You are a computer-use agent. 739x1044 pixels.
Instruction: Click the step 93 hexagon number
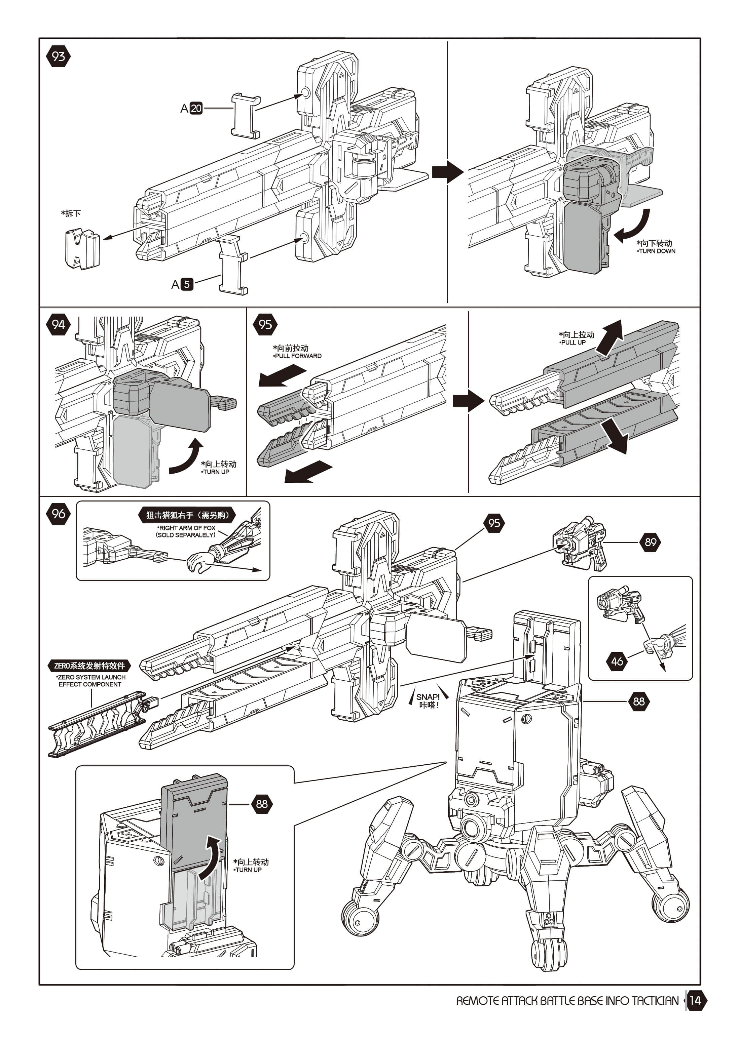[58, 56]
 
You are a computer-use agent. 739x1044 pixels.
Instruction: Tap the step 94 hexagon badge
[58, 325]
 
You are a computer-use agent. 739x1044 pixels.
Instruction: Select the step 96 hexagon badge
[58, 514]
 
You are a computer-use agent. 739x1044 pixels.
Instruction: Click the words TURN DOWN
[657, 251]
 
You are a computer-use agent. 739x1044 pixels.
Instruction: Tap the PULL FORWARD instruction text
[298, 356]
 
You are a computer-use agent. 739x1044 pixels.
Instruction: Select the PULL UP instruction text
[574, 343]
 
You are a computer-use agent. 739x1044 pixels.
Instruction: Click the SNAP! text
[428, 696]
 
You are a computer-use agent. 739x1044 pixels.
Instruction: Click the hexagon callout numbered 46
[617, 661]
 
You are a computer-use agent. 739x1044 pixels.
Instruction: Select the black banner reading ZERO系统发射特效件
[89, 666]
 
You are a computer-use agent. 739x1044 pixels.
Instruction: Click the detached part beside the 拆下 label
[82, 249]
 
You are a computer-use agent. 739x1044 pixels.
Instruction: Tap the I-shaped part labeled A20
[246, 116]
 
